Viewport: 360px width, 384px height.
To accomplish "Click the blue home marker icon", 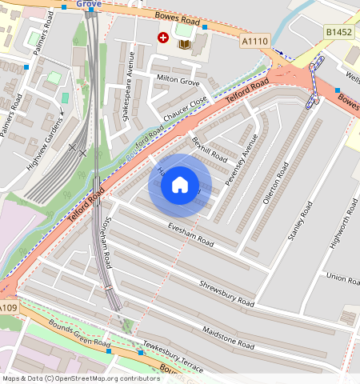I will pyautogui.click(x=180, y=185).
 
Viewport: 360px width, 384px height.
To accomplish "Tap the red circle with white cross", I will pyautogui.click(x=163, y=37).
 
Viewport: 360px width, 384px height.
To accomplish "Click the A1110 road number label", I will pyautogui.click(x=254, y=40).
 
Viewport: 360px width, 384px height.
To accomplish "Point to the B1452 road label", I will pyautogui.click(x=339, y=32).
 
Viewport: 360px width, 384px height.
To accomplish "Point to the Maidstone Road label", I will pyautogui.click(x=228, y=339).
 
